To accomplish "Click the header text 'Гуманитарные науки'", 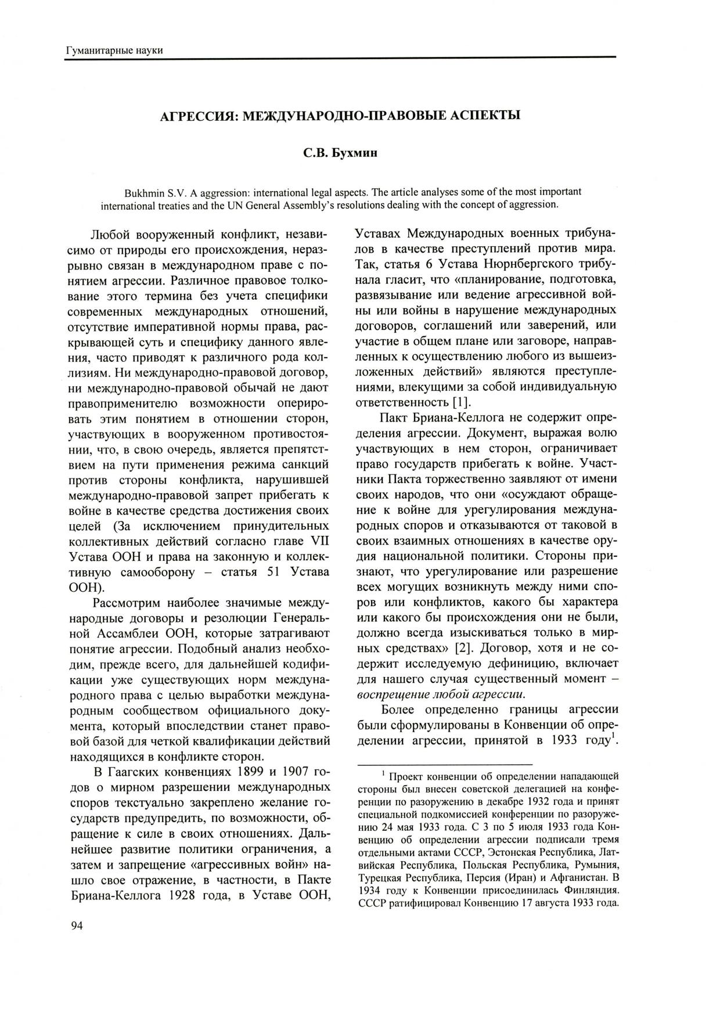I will tap(114, 50).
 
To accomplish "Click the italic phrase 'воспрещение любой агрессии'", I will tap(441, 694).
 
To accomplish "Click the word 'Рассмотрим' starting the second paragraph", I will tap(129, 603).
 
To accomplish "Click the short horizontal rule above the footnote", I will tap(444, 764).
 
